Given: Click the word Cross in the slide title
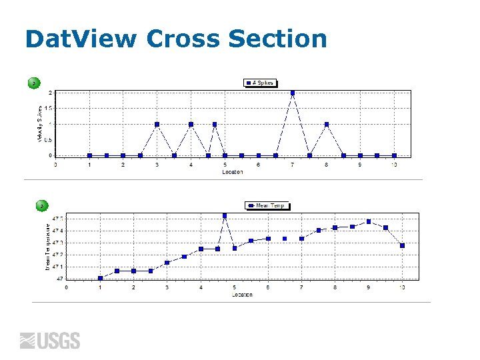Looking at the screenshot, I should pyautogui.click(x=183, y=39).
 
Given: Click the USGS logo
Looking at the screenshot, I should pyautogui.click(x=50, y=341).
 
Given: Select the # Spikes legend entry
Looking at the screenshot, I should pyautogui.click(x=261, y=83).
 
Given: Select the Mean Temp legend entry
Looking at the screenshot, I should pyautogui.click(x=267, y=205).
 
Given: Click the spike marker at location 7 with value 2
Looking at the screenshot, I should pyautogui.click(x=293, y=93).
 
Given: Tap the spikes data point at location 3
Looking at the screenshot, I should pyautogui.click(x=157, y=124).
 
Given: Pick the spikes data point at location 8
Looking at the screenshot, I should pyautogui.click(x=327, y=124).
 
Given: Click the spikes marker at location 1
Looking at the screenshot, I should pyautogui.click(x=89, y=155).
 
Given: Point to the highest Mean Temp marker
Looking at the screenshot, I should pyautogui.click(x=225, y=215).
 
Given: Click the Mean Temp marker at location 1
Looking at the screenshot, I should pyautogui.click(x=100, y=278).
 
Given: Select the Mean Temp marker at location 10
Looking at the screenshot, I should pyautogui.click(x=402, y=245).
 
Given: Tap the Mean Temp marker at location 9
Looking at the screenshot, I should pyautogui.click(x=369, y=221).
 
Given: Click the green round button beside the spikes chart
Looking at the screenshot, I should pyautogui.click(x=33, y=83).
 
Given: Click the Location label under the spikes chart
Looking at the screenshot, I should pyautogui.click(x=232, y=171).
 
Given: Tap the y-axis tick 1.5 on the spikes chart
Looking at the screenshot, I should pyautogui.click(x=49, y=108).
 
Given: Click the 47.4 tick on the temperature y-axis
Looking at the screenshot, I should pyautogui.click(x=58, y=231).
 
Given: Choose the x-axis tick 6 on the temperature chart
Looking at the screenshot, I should pyautogui.click(x=268, y=287).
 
